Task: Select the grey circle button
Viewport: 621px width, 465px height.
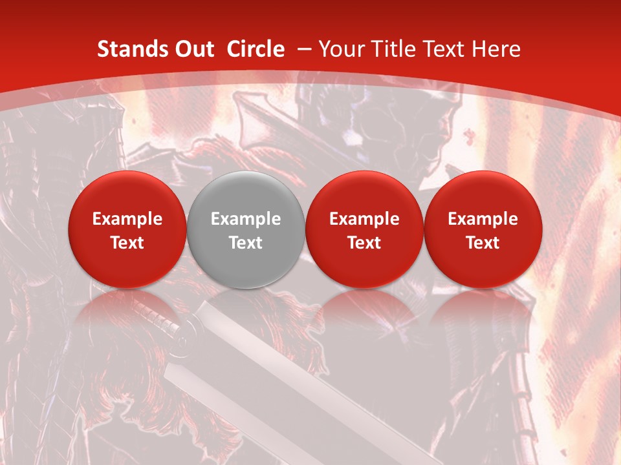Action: coord(245,229)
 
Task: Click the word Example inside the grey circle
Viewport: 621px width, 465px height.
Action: coord(246,219)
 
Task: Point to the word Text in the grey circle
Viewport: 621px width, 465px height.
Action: coord(246,243)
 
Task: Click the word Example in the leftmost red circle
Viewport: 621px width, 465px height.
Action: coord(127,219)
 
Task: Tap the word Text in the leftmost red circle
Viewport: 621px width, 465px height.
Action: coord(127,243)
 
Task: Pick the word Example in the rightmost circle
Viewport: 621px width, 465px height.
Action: coord(483,219)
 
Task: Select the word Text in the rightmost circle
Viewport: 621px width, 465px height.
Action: coord(483,243)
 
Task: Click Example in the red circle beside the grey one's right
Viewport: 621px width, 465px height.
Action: coord(364,219)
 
